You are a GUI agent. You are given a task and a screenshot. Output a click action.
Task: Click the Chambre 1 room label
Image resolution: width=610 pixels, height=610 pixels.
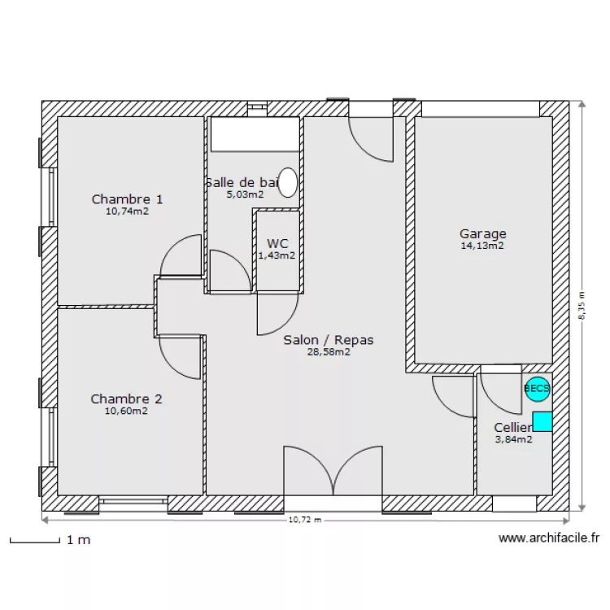[x=127, y=199]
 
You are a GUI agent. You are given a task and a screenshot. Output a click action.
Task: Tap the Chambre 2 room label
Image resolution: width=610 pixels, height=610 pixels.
[x=126, y=399]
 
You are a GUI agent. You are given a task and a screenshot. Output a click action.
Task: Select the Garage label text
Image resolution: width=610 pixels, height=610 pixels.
[x=482, y=234]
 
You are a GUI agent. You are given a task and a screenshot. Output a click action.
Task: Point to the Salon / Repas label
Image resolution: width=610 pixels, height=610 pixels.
[x=329, y=340]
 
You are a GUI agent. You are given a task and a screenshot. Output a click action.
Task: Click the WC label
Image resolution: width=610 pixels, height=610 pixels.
[x=277, y=243]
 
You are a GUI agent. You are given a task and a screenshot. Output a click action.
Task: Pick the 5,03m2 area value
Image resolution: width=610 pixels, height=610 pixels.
[x=245, y=194]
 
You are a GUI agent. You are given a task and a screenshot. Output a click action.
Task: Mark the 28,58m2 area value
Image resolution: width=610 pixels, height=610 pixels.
[x=329, y=352]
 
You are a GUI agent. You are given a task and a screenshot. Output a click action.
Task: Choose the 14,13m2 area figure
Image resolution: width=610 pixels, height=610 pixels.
[x=482, y=246]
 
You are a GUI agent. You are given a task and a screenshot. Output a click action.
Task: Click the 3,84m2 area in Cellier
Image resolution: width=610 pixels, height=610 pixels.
[x=513, y=439]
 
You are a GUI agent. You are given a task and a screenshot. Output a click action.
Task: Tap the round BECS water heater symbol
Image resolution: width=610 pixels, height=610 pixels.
[x=537, y=390]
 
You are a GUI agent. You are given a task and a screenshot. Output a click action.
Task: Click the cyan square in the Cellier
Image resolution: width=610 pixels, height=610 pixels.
[x=542, y=421]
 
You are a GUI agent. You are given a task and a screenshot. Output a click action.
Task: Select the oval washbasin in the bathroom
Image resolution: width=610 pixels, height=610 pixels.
[x=288, y=183]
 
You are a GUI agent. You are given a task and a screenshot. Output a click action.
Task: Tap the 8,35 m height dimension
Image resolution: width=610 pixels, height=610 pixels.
[x=582, y=307]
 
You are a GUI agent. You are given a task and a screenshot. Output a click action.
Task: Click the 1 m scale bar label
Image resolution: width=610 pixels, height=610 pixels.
[x=79, y=540]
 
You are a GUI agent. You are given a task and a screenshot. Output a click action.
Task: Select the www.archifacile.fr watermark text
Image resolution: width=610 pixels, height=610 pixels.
[x=549, y=538]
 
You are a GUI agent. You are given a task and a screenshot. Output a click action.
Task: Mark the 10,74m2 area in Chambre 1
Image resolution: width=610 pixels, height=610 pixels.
[x=127, y=211]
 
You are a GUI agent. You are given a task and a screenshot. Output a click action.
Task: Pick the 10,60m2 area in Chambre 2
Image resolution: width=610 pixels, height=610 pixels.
[x=126, y=412]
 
